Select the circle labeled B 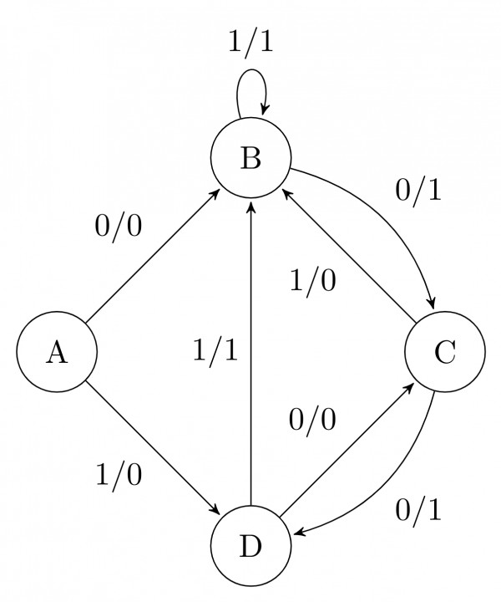(x=250, y=157)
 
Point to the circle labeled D (x=250, y=547)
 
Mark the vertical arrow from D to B (x=250, y=351)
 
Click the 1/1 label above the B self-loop (x=250, y=42)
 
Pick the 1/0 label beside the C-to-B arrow (x=313, y=281)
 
